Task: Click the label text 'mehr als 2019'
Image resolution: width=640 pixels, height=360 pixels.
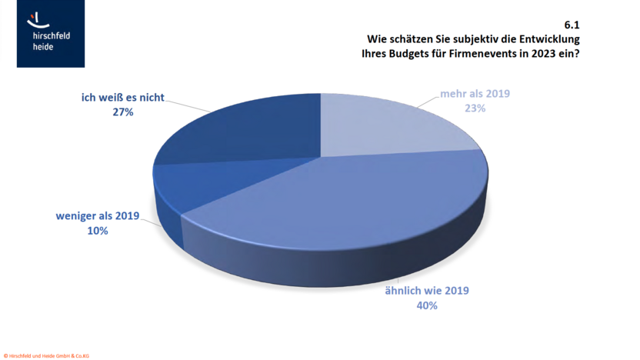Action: point(475,94)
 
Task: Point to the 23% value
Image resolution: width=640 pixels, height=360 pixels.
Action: point(475,108)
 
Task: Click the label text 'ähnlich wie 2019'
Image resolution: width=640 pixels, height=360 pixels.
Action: point(426,291)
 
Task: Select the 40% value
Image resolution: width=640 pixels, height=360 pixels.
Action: point(426,305)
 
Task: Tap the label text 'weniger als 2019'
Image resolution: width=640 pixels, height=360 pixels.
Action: point(97,216)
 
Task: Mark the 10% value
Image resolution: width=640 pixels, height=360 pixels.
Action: point(97,231)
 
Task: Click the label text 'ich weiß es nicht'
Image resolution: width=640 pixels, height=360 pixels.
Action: point(123,98)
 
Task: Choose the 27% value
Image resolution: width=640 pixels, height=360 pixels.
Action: point(123,112)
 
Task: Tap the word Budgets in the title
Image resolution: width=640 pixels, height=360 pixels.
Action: point(408,54)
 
